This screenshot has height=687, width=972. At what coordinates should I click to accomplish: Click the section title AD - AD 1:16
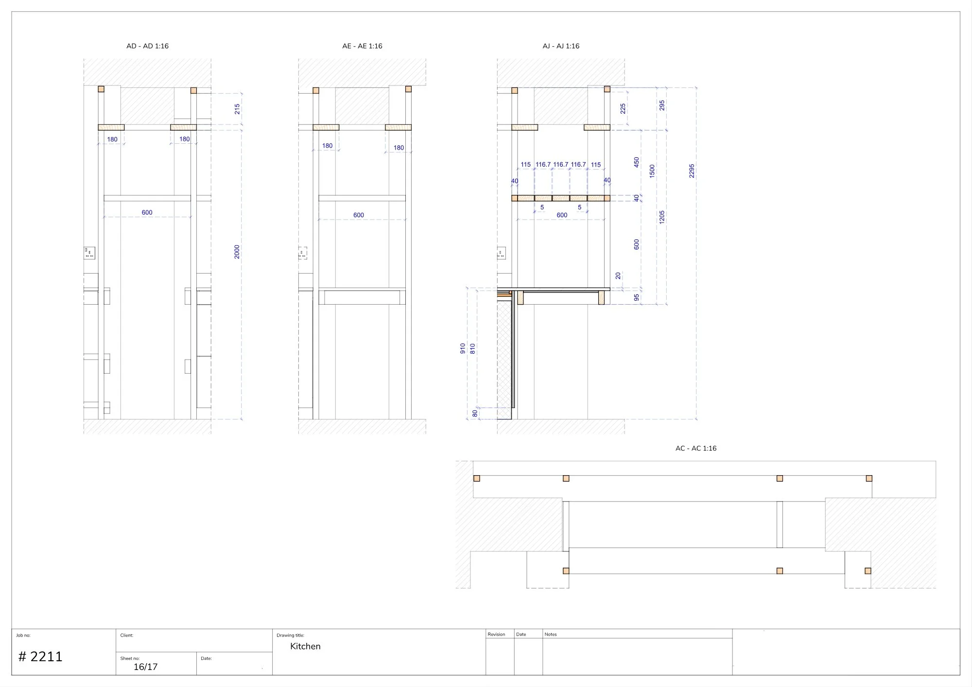click(x=147, y=46)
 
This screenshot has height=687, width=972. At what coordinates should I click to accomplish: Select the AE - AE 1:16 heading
click(x=362, y=46)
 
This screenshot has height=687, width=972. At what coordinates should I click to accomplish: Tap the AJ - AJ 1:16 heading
click(x=561, y=46)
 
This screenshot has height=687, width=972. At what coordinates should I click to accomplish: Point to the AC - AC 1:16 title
click(x=695, y=448)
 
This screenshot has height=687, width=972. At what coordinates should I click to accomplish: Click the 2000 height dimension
click(x=237, y=252)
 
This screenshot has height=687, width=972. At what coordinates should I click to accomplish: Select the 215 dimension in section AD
click(x=237, y=109)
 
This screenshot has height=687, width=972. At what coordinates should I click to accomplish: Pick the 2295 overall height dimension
click(x=692, y=171)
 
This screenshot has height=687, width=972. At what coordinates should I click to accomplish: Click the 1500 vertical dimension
click(x=652, y=171)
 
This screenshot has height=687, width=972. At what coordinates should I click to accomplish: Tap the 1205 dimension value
click(x=662, y=217)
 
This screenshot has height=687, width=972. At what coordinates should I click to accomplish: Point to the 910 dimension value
click(x=463, y=348)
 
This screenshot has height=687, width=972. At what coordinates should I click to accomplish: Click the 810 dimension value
click(x=472, y=348)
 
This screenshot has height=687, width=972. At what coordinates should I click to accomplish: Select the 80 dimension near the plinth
click(x=475, y=413)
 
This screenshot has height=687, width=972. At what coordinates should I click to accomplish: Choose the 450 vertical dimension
click(x=637, y=162)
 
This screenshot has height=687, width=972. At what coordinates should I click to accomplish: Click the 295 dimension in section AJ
click(x=662, y=105)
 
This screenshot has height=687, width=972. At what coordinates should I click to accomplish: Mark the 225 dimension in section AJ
click(x=623, y=108)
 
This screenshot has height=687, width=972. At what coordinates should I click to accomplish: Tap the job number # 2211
click(x=40, y=657)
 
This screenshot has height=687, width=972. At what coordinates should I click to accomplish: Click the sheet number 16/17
click(x=145, y=667)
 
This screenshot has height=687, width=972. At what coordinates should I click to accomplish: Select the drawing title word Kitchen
click(x=305, y=646)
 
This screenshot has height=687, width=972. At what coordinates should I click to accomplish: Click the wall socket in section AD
click(x=89, y=253)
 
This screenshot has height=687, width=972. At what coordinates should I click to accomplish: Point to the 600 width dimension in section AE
click(x=359, y=215)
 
